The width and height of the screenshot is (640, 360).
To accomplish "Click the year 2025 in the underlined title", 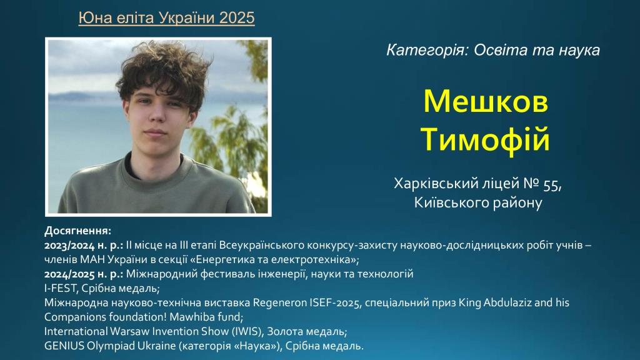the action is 236,17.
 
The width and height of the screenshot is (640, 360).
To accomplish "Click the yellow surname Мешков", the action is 486,101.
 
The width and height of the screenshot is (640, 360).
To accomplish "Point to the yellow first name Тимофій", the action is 485,139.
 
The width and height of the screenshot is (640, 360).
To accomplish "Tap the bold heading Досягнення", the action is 77,231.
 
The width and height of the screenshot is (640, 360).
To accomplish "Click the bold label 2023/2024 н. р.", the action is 84,245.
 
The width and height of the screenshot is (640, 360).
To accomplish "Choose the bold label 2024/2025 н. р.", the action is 84,274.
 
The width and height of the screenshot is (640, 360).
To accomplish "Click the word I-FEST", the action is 61,288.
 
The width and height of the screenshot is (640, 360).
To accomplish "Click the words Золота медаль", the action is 307,331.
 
